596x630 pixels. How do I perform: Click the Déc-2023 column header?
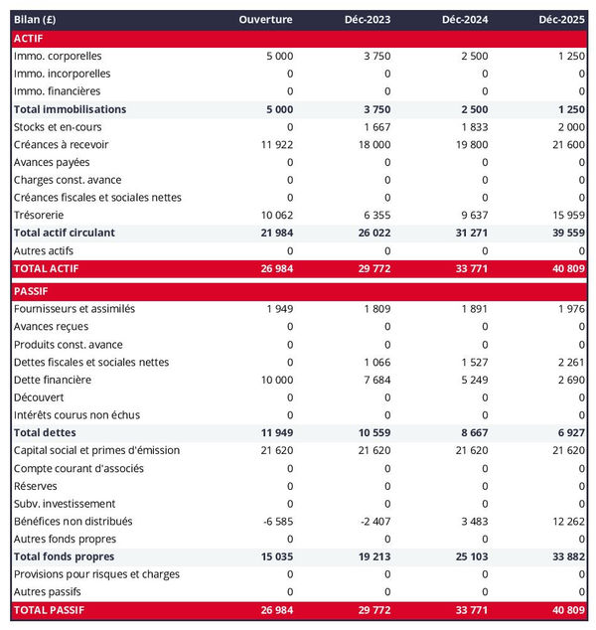pos(367,20)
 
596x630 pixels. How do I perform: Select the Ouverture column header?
pos(265,20)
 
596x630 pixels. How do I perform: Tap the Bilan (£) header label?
pos(35,20)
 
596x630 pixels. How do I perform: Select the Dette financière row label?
pos(53,380)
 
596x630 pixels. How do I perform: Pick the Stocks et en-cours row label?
pos(58,127)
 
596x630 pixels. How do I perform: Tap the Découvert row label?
pos(41,397)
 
